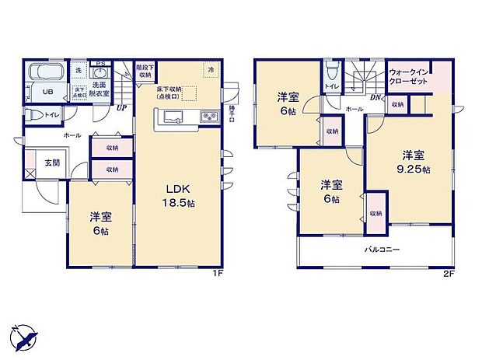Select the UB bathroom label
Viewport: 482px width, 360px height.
(x=47, y=91)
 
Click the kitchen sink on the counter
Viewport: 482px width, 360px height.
(x=173, y=117)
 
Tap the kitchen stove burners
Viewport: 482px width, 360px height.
(x=210, y=117)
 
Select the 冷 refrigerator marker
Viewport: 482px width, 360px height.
(x=210, y=70)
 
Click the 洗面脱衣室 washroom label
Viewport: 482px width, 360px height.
(x=100, y=88)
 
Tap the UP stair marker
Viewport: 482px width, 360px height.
(x=121, y=108)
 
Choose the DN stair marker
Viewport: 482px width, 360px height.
(x=375, y=97)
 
